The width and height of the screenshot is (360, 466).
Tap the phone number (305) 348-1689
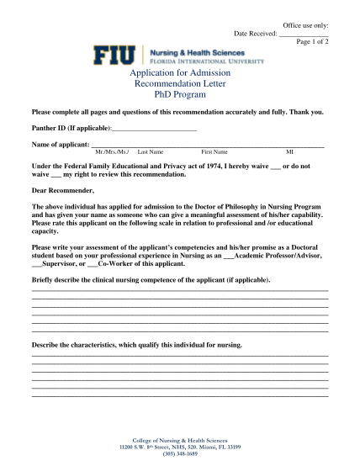(x=180, y=454)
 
